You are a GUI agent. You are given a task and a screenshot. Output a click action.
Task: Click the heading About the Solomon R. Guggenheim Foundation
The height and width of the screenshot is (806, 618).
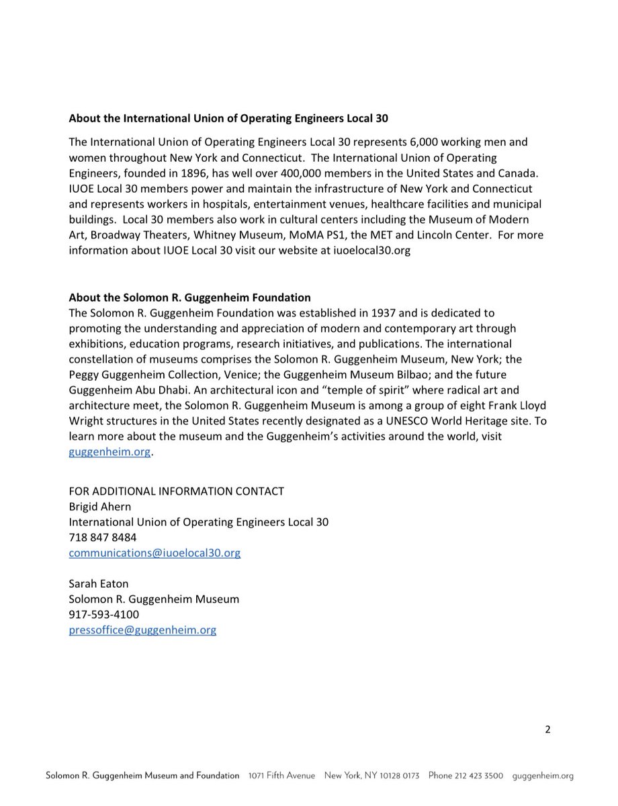tap(189, 298)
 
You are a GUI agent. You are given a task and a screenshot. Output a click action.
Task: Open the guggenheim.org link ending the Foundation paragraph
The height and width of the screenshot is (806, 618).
tap(110, 452)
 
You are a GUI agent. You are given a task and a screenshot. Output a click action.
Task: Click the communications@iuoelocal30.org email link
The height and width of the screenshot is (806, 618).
tap(154, 553)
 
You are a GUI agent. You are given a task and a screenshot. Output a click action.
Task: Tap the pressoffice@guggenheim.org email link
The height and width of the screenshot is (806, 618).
tap(142, 630)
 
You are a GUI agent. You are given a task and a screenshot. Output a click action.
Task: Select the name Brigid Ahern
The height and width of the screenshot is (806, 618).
tap(99, 506)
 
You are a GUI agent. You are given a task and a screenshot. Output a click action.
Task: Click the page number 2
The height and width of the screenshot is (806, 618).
tap(547, 731)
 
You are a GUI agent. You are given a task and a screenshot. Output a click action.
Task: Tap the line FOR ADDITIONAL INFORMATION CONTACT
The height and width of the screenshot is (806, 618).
tap(176, 491)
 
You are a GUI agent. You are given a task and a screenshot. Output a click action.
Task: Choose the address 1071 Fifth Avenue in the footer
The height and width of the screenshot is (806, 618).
tap(281, 776)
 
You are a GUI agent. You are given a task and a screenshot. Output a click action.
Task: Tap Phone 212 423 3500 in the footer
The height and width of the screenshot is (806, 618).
tap(466, 776)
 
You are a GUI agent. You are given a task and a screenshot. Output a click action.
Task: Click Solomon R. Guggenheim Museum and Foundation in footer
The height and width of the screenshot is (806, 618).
tap(142, 776)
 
